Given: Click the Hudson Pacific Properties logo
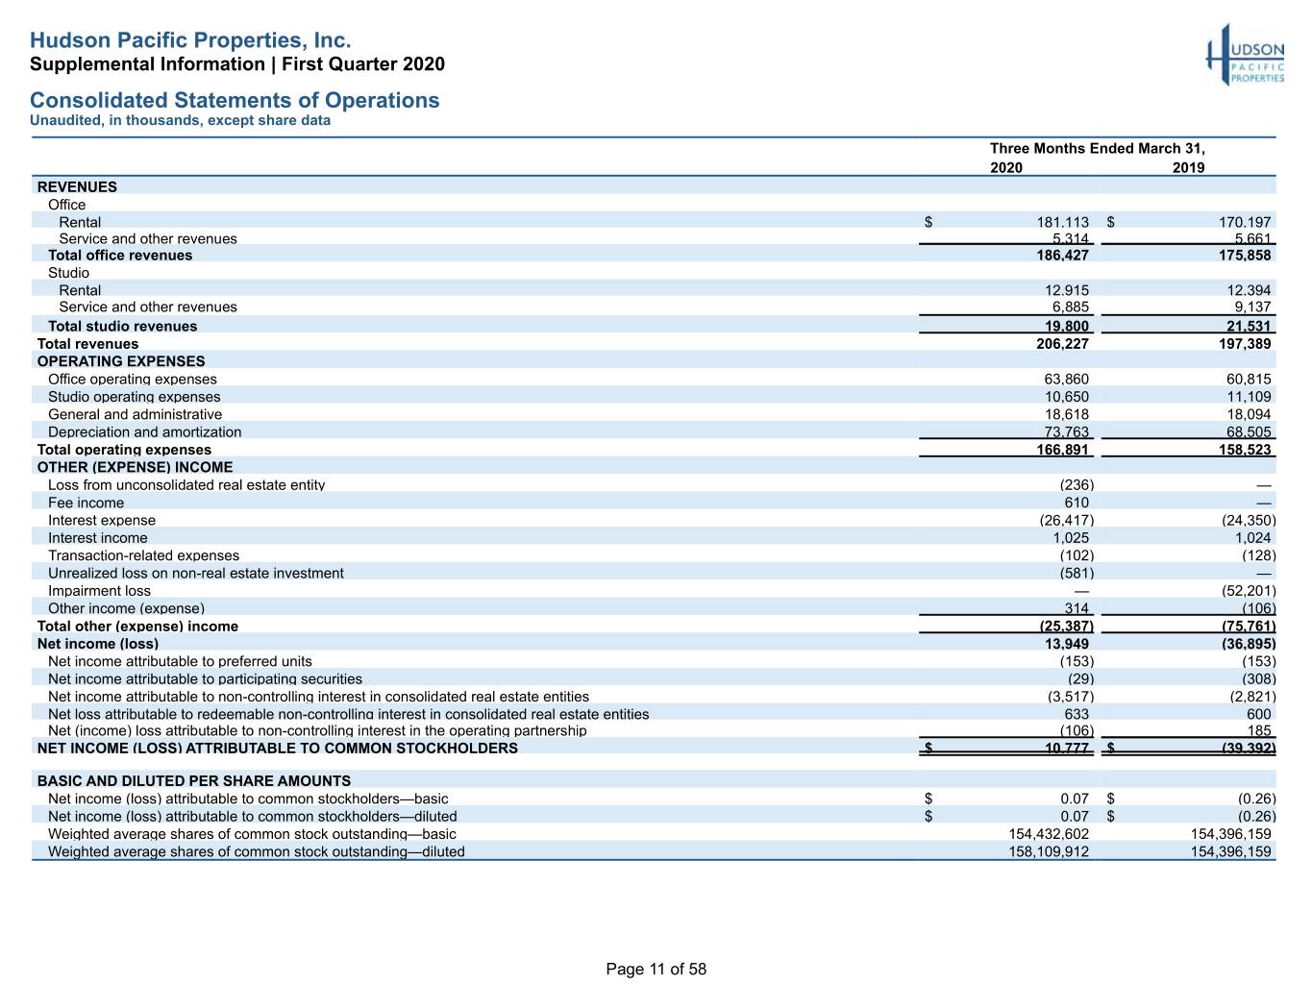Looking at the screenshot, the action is [1245, 55].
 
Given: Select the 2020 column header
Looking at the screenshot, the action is [1006, 167].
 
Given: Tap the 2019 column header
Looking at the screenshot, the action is [1188, 167].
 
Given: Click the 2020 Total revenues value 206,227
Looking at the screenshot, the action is [1062, 343].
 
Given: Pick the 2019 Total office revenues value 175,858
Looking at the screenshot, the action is [1245, 255].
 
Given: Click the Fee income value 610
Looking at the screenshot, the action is [1076, 503].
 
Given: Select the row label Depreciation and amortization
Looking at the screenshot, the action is [144, 432].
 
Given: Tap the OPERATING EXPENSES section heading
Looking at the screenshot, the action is [121, 361].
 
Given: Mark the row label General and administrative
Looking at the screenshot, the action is [135, 414].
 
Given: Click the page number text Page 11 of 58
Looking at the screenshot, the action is [656, 969].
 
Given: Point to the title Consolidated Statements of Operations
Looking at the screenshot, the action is [235, 100].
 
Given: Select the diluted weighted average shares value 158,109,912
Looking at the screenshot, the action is [1049, 851].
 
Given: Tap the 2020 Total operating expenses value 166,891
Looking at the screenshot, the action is [1062, 450].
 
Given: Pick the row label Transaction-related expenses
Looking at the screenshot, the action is [143, 555].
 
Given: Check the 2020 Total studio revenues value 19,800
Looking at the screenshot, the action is [1066, 326].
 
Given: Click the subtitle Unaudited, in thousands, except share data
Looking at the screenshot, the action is [180, 120].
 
